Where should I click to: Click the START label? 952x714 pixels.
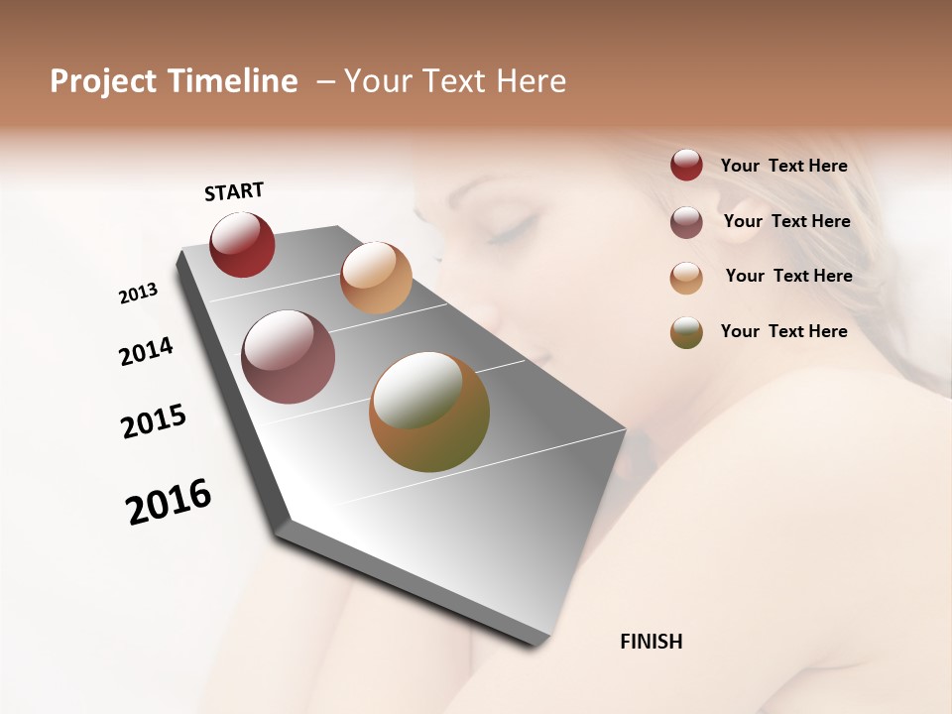[234, 191]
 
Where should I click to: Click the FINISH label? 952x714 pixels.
[651, 642]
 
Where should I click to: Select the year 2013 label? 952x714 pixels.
[139, 294]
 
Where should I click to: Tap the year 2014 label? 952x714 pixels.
[147, 351]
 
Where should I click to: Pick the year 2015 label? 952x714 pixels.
[154, 421]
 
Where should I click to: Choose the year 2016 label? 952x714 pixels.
[169, 502]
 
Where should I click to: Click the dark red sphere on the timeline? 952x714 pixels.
[242, 244]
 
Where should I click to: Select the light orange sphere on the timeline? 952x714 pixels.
[376, 278]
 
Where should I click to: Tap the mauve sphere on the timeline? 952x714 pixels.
[289, 357]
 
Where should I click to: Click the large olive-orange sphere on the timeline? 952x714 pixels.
[429, 412]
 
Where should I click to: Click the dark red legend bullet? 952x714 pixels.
[686, 165]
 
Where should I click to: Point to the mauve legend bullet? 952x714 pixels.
[686, 222]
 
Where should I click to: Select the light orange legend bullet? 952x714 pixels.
[686, 278]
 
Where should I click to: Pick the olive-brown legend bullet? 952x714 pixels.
[686, 332]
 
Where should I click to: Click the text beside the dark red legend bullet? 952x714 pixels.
[783, 166]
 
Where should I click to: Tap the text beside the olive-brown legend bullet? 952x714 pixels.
[783, 331]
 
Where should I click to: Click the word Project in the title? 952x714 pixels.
[103, 81]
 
